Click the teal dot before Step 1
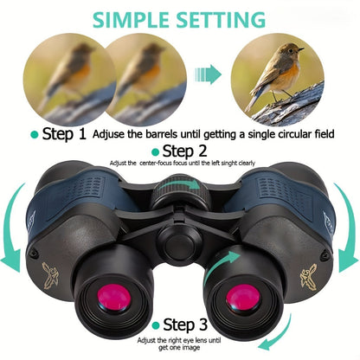coord(35,135)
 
